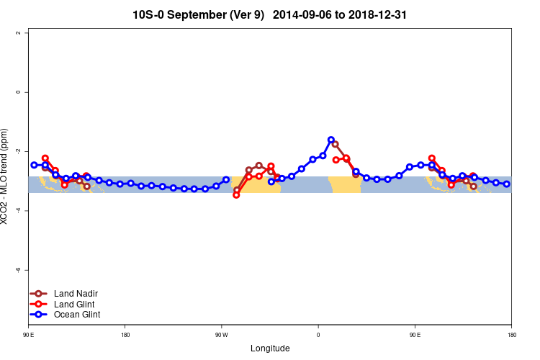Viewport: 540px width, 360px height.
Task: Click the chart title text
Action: point(270,14)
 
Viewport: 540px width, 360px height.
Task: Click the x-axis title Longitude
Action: point(270,348)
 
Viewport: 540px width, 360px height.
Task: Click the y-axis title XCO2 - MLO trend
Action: point(6,176)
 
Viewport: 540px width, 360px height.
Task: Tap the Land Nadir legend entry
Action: point(76,294)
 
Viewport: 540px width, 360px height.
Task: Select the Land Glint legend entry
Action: point(75,304)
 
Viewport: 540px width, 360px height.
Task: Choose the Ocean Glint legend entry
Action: point(77,315)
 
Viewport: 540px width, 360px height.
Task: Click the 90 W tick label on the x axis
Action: point(222,335)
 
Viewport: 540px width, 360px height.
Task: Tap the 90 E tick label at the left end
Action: point(29,335)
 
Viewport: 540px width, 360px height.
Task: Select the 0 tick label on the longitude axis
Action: point(318,335)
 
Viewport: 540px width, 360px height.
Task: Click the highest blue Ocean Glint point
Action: point(331,140)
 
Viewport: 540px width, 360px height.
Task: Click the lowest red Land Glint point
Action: point(236,195)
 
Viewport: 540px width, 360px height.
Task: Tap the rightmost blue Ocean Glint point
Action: point(507,184)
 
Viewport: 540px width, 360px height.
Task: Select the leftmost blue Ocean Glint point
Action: point(34,165)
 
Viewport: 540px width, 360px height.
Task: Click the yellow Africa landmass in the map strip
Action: point(344,184)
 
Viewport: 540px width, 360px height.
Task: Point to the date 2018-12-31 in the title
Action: point(381,14)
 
